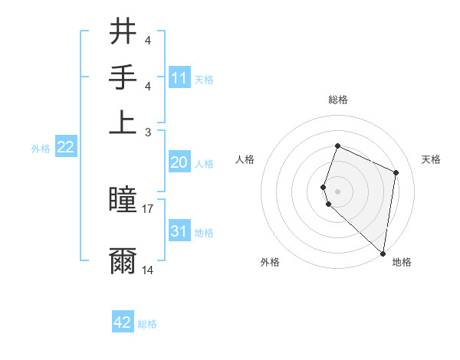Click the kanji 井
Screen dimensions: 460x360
pyautogui.click(x=123, y=32)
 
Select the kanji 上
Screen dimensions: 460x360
pyautogui.click(x=123, y=120)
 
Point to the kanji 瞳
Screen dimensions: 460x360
pyautogui.click(x=123, y=201)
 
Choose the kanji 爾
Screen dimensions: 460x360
pyautogui.click(x=123, y=260)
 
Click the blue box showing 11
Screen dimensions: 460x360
pyautogui.click(x=179, y=78)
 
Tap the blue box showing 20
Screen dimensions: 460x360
pyautogui.click(x=179, y=162)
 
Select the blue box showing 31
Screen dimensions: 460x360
pyautogui.click(x=179, y=231)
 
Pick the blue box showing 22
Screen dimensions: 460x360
pyautogui.click(x=65, y=148)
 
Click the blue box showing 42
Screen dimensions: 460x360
pyautogui.click(x=123, y=322)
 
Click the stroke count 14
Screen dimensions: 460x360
pyautogui.click(x=148, y=270)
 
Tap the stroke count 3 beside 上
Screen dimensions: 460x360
pyautogui.click(x=147, y=132)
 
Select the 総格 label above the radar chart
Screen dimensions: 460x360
pyautogui.click(x=337, y=100)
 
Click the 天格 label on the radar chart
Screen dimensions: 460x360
pyautogui.click(x=431, y=159)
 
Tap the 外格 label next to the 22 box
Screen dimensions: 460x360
pyautogui.click(x=41, y=149)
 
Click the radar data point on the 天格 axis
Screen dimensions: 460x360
pyautogui.click(x=396, y=172)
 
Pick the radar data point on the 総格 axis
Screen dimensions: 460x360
pyautogui.click(x=337, y=146)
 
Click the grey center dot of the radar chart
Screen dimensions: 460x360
pyautogui.click(x=337, y=190)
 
